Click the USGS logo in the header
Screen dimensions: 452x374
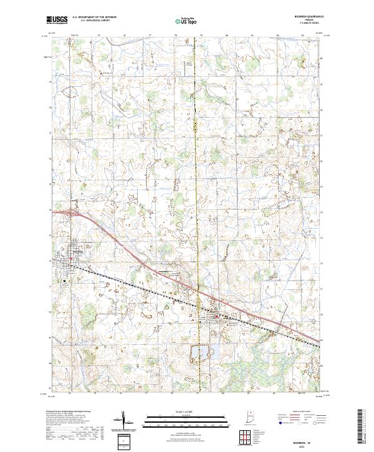coord(57,20)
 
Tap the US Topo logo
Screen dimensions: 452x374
coord(185,21)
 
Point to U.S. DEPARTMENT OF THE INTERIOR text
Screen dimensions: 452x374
coord(94,17)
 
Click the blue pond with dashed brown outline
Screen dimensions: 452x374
coord(201,353)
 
